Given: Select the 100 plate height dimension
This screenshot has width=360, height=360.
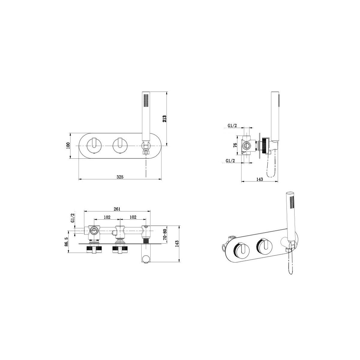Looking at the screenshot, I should pos(68,145).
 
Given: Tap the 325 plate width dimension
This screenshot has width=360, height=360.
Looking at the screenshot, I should pos(120,177).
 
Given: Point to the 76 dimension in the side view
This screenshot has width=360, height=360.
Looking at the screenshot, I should pos(235,145).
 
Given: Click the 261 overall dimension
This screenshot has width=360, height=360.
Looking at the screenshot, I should pos(117,209).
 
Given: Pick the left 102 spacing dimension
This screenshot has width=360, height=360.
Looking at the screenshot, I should pos(107,217).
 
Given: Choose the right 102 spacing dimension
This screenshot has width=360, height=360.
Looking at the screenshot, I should pos(133,217).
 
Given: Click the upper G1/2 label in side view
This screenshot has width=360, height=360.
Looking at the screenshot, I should pos(232,126).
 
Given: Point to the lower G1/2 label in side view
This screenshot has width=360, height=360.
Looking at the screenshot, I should pos(230,161).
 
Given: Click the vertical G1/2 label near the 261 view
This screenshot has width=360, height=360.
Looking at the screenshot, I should pos(72,217).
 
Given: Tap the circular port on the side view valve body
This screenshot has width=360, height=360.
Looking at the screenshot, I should pos(246,146).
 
